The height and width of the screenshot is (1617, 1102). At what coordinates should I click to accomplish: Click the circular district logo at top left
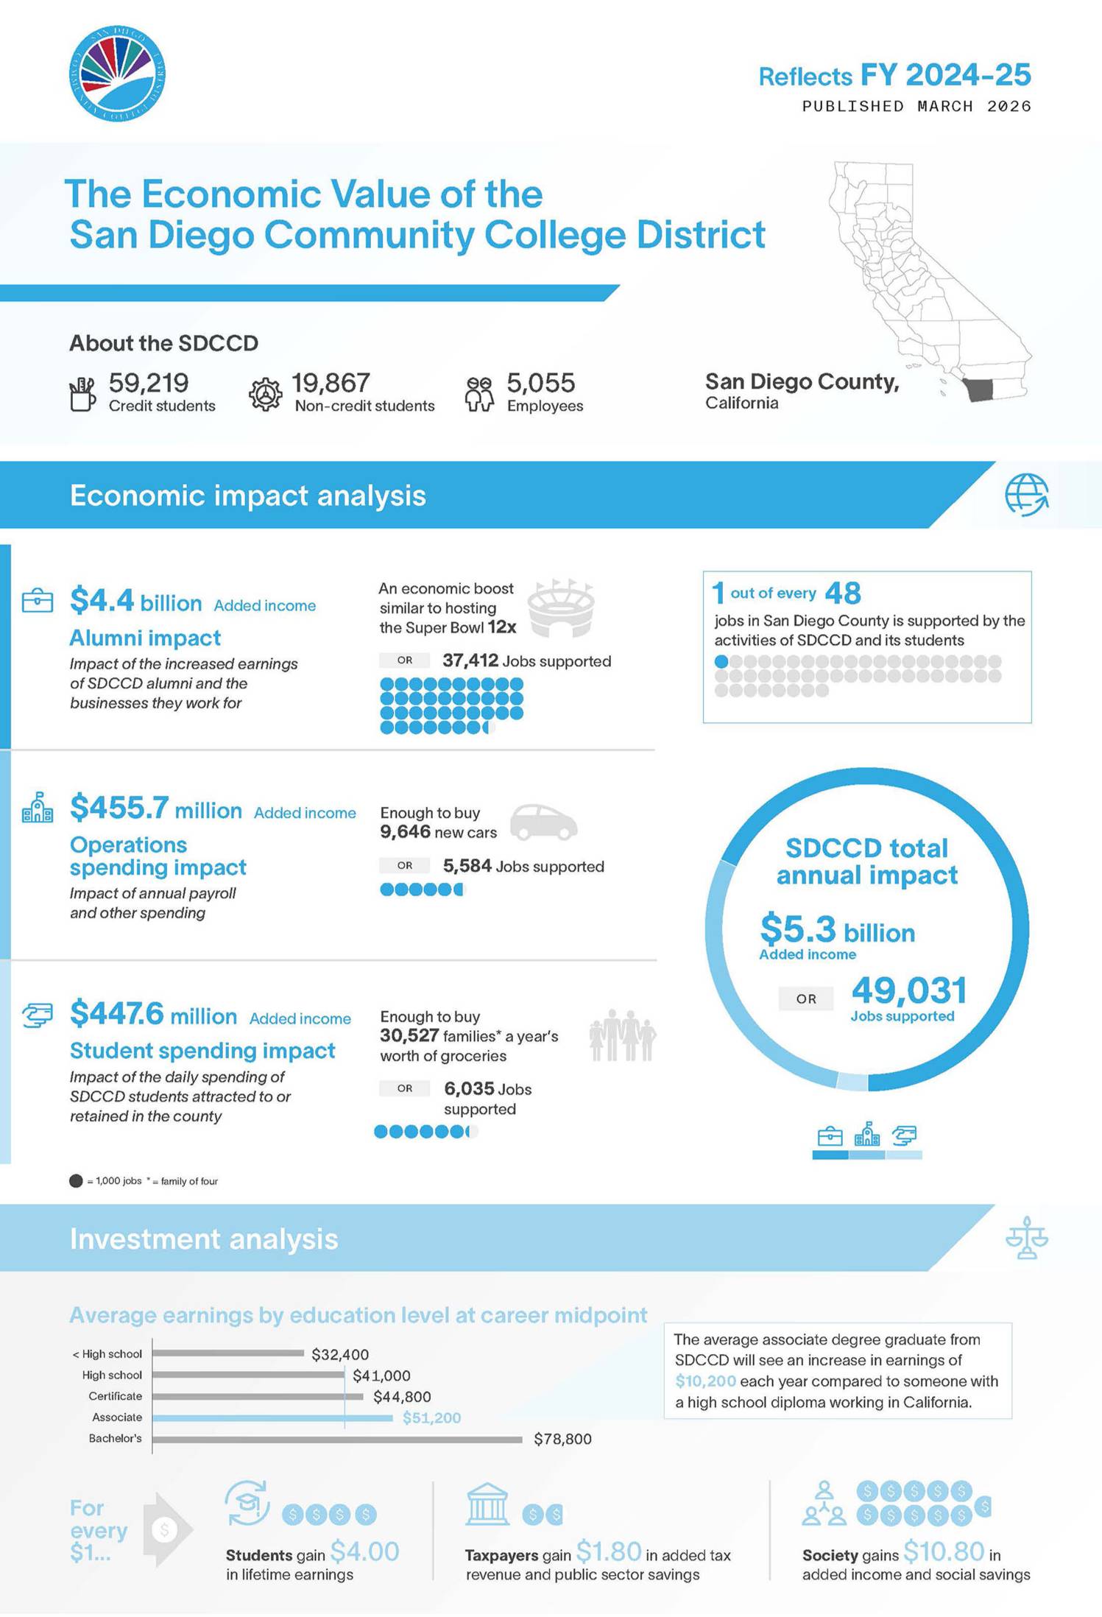[x=117, y=74]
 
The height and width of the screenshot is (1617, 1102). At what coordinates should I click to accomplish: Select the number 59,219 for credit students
[x=149, y=383]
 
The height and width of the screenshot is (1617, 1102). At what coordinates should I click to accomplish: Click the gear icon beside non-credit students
[x=265, y=395]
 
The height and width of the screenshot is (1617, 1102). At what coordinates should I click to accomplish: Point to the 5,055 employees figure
[x=540, y=383]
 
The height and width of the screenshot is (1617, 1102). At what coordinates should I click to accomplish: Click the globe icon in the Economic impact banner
[x=1026, y=494]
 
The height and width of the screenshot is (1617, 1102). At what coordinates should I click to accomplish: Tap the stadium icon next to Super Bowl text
[x=562, y=607]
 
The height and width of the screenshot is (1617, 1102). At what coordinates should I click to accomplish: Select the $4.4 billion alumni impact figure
[x=135, y=601]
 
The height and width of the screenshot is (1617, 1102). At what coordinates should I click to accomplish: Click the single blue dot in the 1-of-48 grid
[x=721, y=661]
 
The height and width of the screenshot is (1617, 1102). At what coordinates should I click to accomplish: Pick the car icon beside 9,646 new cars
[x=543, y=822]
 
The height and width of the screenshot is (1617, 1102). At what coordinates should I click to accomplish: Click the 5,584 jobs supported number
[x=467, y=866]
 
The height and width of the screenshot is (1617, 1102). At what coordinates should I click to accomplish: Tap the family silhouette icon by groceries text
[x=622, y=1035]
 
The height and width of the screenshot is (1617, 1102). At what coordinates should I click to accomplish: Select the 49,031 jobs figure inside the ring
[x=908, y=990]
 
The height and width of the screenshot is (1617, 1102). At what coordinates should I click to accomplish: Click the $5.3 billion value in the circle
[x=837, y=929]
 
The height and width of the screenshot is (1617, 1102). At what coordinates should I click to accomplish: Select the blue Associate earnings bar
[x=272, y=1417]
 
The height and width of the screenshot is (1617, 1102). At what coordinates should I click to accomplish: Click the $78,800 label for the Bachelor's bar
[x=562, y=1439]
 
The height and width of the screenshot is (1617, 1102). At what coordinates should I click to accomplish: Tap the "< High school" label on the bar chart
[x=107, y=1354]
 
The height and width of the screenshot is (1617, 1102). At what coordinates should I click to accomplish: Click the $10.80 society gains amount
[x=943, y=1551]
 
